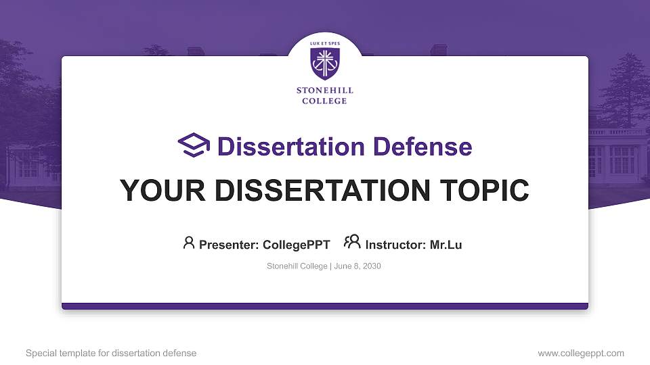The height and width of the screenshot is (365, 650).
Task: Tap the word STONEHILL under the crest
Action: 325,90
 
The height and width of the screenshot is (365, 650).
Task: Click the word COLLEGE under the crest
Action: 325,101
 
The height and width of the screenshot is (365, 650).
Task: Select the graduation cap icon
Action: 194,145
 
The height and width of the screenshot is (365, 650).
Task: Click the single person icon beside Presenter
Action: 189,243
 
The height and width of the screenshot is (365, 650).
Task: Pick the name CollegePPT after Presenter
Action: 296,245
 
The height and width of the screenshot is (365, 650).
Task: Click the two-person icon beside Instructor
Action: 352,242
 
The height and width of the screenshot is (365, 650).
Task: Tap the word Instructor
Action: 395,245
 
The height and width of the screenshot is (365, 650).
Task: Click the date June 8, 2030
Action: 357,266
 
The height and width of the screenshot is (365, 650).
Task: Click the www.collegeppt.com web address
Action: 581,353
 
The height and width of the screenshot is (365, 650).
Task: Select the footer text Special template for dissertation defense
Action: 110,353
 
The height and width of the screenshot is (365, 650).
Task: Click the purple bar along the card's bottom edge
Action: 325,306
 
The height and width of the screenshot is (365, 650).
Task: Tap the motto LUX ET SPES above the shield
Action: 325,43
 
